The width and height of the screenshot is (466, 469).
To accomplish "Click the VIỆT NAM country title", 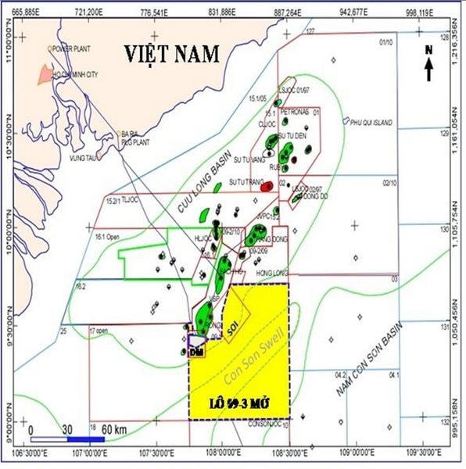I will tap(173, 54).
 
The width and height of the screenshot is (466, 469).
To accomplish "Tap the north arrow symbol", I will tap(429, 63).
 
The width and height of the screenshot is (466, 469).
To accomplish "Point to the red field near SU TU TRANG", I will tap(267, 186).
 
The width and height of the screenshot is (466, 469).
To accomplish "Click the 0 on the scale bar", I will tap(30, 429).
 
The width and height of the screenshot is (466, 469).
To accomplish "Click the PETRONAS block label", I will tap(295, 113).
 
